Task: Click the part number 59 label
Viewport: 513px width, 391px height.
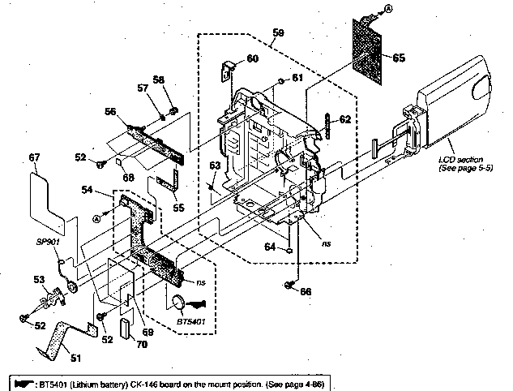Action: point(278,32)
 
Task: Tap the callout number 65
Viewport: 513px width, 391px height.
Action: point(398,58)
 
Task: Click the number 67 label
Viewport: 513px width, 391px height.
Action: point(34,157)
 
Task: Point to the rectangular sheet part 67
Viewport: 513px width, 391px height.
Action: point(45,195)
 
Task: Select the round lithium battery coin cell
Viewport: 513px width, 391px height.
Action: point(180,304)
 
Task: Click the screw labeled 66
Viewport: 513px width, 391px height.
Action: point(290,284)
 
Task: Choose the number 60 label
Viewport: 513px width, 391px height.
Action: point(252,58)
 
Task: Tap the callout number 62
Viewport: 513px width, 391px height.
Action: point(344,119)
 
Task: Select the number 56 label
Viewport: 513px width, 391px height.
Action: point(109,113)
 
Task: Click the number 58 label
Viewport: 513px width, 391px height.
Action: point(158,79)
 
